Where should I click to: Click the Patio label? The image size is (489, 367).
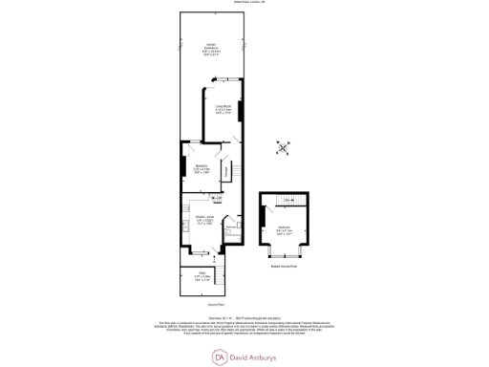point(202,277)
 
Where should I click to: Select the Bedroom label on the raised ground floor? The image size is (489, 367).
point(285,229)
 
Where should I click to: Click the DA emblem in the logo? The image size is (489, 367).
point(219,356)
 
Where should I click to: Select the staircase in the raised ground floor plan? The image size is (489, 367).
point(287,200)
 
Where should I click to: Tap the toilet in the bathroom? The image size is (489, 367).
point(231,232)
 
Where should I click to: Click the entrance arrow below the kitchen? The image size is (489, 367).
point(215,258)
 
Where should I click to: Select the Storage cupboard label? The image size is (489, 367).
point(225,170)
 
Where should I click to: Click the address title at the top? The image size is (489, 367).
point(244,4)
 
